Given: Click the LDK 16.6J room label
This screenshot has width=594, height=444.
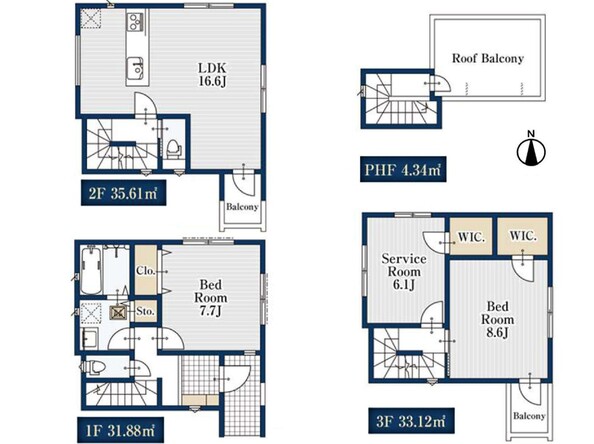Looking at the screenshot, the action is pyautogui.click(x=213, y=75).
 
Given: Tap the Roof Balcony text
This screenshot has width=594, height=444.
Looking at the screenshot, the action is pyautogui.click(x=488, y=58).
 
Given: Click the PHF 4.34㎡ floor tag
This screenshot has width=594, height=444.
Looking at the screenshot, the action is pyautogui.click(x=403, y=169).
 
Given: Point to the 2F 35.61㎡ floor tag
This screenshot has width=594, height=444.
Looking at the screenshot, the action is pyautogui.click(x=123, y=193).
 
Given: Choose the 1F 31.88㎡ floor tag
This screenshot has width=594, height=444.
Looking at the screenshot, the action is pyautogui.click(x=120, y=430).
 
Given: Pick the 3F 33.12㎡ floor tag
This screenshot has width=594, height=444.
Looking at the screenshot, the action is pyautogui.click(x=411, y=421).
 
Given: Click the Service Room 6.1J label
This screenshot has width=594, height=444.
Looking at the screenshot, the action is pyautogui.click(x=404, y=272).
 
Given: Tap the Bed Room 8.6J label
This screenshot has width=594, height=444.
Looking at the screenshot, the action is pyautogui.click(x=497, y=319).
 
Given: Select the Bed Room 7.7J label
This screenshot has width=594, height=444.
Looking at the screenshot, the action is pyautogui.click(x=211, y=297).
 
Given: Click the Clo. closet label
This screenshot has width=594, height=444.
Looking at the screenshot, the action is pyautogui.click(x=146, y=271).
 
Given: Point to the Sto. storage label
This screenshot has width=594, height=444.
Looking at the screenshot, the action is pyautogui.click(x=145, y=311).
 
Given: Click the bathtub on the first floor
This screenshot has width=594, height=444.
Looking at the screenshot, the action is pyautogui.click(x=91, y=269).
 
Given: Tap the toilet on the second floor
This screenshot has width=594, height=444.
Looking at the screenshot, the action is pyautogui.click(x=174, y=149).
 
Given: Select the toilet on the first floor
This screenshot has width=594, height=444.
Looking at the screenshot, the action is pyautogui.click(x=93, y=367).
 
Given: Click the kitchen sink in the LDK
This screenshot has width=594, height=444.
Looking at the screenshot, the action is pyautogui.click(x=135, y=68).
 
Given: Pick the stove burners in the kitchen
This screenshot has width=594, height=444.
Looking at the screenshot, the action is pyautogui.click(x=135, y=21).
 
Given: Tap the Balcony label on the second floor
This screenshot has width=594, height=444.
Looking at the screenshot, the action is pyautogui.click(x=242, y=207).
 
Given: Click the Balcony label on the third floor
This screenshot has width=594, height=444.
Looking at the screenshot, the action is pyautogui.click(x=529, y=416).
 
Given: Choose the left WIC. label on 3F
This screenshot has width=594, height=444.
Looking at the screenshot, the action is pyautogui.click(x=471, y=237).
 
